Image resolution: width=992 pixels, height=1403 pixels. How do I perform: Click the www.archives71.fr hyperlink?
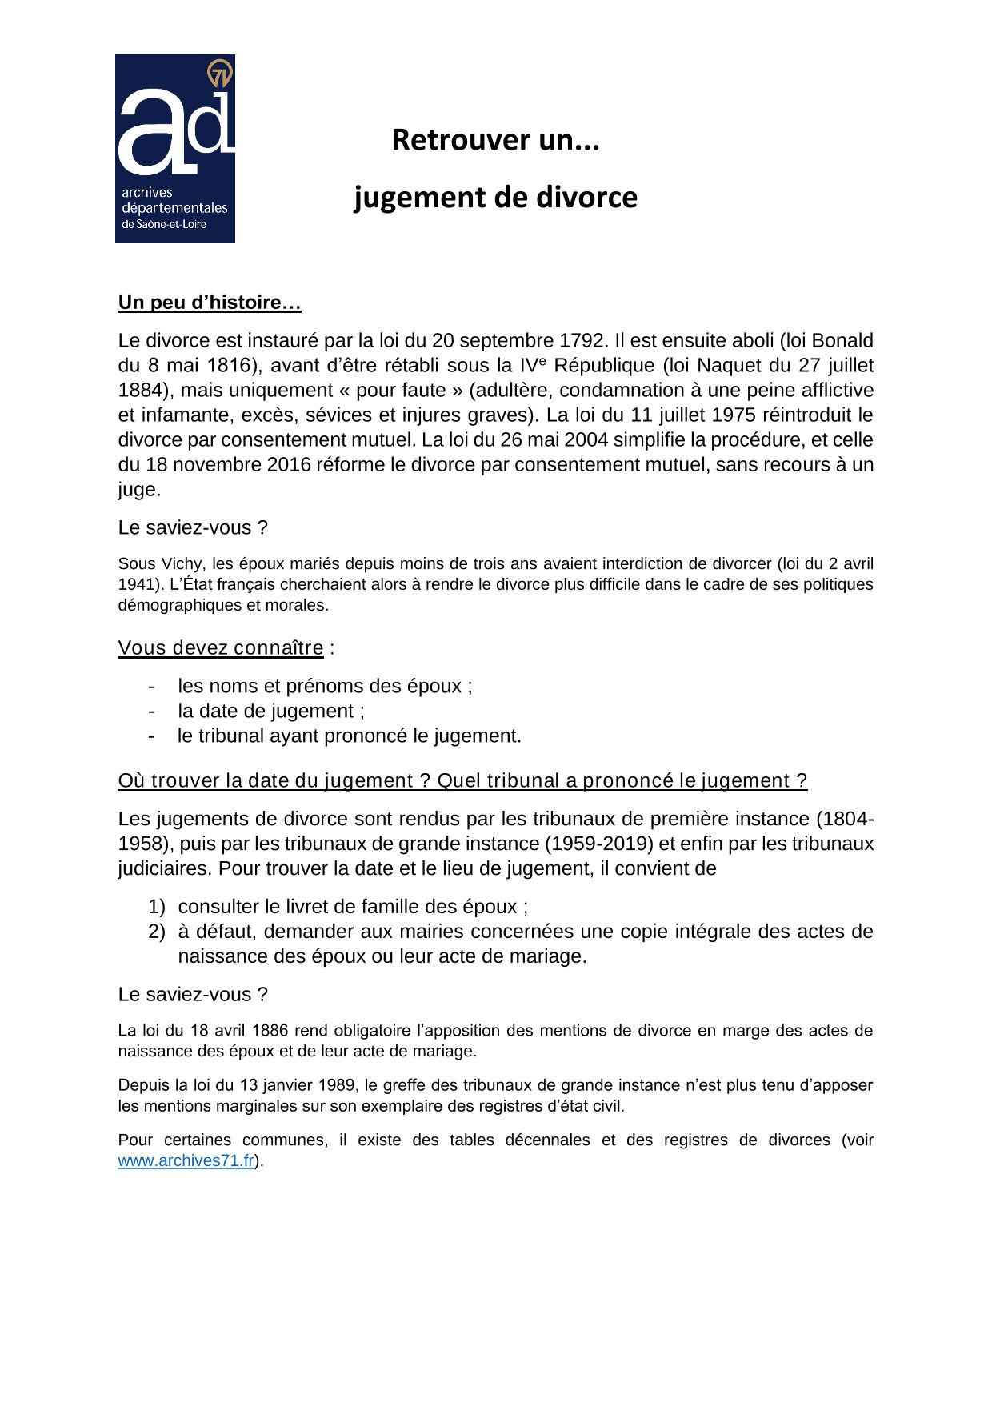coord(186,1161)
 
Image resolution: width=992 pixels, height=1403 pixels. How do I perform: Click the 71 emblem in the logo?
coord(219,74)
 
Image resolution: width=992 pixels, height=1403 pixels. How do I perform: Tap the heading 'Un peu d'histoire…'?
coord(209,303)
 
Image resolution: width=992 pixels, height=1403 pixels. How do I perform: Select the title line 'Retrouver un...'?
coord(495,140)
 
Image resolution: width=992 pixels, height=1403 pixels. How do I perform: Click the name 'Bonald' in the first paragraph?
coord(842,340)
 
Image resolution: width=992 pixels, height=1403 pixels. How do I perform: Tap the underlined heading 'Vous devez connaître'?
coord(221,647)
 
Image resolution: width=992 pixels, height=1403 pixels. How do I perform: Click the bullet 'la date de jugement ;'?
coord(271,711)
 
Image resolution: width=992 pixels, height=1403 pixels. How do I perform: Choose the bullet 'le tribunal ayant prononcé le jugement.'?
coord(350,736)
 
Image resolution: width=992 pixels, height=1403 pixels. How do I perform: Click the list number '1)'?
coord(156,907)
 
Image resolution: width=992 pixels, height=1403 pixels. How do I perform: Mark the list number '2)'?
coord(156,932)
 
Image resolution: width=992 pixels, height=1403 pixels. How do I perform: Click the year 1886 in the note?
coord(272,1030)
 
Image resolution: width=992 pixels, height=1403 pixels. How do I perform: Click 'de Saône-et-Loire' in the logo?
coord(164,225)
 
